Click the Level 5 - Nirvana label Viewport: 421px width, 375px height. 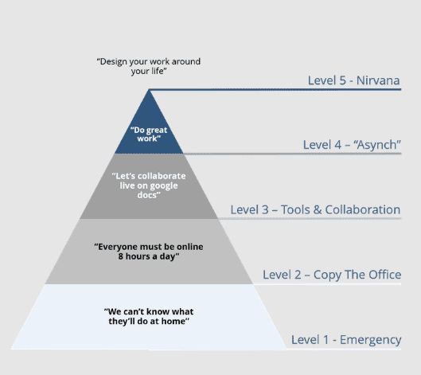(353, 80)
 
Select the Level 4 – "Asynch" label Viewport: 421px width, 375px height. (352, 145)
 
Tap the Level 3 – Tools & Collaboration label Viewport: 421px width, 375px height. (315, 209)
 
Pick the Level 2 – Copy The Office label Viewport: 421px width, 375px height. (332, 275)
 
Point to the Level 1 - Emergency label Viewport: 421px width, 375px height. (346, 340)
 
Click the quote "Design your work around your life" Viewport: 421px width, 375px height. (149, 66)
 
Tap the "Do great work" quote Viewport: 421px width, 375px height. (149, 135)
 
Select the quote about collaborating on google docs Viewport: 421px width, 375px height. (149, 186)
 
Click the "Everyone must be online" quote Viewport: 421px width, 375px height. (149, 252)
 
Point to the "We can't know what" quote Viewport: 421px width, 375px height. (149, 316)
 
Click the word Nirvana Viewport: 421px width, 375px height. (378, 80)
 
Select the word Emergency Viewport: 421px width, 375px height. (371, 340)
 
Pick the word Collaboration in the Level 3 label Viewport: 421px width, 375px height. (362, 209)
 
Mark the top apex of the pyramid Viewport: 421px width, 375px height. (149, 90)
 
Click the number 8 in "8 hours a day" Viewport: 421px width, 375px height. (121, 256)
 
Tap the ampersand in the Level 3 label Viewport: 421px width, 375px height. (318, 210)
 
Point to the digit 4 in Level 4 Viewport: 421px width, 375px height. (337, 145)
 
